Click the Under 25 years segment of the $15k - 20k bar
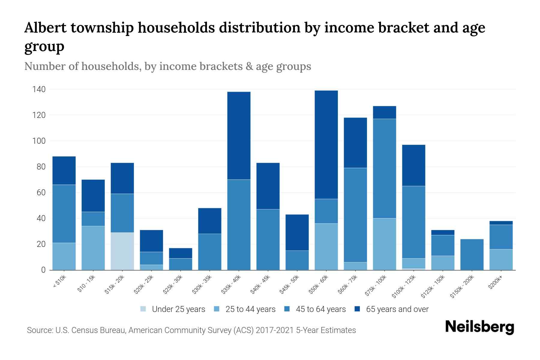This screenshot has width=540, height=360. pyautogui.click(x=122, y=251)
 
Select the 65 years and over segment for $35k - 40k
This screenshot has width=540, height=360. pyautogui.click(x=239, y=136)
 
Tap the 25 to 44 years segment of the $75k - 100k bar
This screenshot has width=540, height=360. pyautogui.click(x=384, y=244)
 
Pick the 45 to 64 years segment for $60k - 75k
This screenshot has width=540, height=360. pyautogui.click(x=355, y=215)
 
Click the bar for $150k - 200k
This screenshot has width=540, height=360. pyautogui.click(x=472, y=254)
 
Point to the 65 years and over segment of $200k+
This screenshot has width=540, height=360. pyautogui.click(x=501, y=223)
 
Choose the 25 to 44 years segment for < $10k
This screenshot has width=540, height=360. pyautogui.click(x=64, y=256)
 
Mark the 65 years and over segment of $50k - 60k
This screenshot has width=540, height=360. pyautogui.click(x=326, y=145)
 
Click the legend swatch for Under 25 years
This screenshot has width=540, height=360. pyautogui.click(x=143, y=309)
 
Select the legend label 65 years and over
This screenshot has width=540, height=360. pyautogui.click(x=397, y=309)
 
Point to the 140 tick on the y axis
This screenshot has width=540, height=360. pyautogui.click(x=39, y=89)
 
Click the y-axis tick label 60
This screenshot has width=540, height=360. pyautogui.click(x=41, y=193)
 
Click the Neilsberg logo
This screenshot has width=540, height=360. pyautogui.click(x=479, y=327)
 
